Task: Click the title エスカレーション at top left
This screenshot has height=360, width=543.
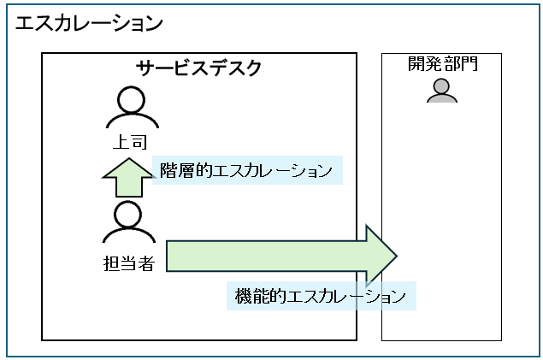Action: tap(89, 24)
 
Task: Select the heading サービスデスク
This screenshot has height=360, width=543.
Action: tap(199, 68)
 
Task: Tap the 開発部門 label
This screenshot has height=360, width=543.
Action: tap(441, 65)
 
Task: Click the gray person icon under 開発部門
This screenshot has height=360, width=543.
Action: tap(441, 91)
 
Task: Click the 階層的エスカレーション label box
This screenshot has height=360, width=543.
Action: tap(247, 169)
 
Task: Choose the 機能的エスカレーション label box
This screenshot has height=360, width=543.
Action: tap(321, 297)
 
